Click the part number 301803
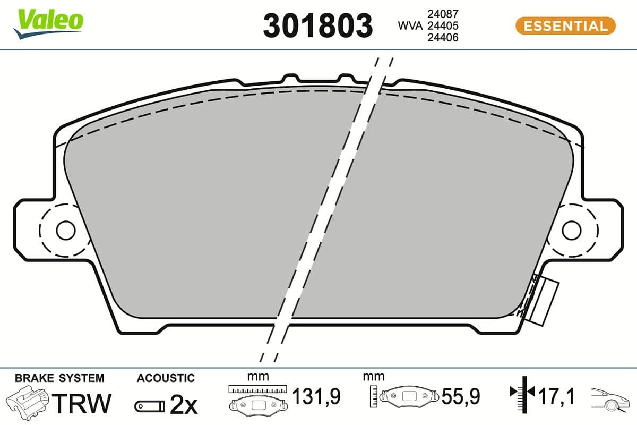point(318,25)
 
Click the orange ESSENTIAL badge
point(565,25)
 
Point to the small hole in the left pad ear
point(66,230)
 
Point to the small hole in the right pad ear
point(572,230)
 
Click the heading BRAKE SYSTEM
point(59,378)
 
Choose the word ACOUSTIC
point(166,378)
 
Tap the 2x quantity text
point(183,406)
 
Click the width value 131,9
point(316,396)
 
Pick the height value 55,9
point(461,396)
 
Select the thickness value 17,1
point(556,396)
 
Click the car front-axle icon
point(610,398)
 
